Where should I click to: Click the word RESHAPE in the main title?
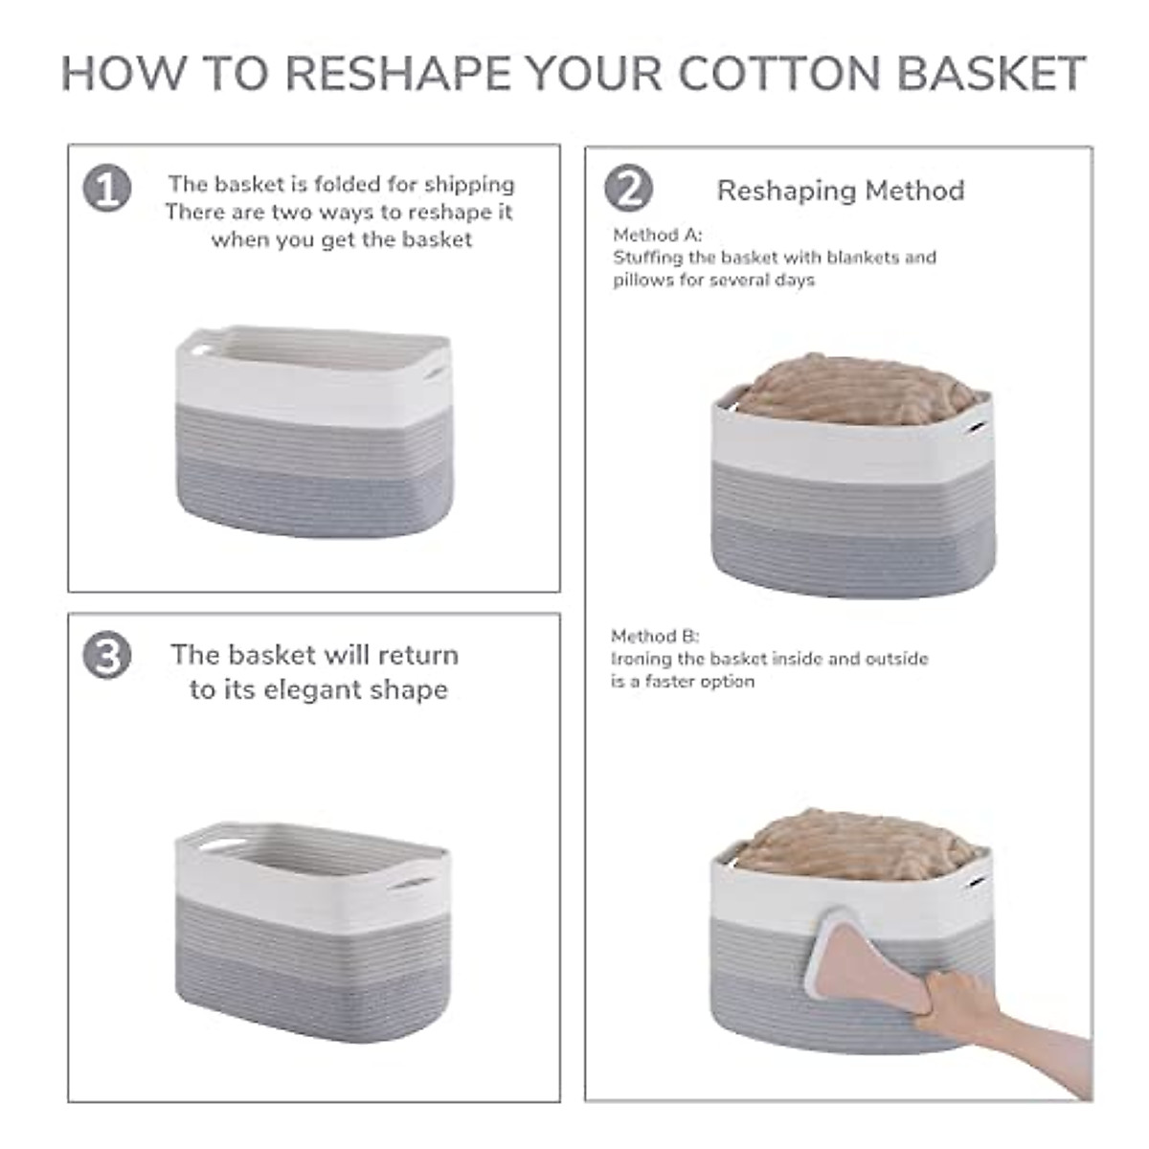[x=397, y=74]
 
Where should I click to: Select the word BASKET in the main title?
[x=991, y=74]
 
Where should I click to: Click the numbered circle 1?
[x=107, y=189]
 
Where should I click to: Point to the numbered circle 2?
[x=628, y=189]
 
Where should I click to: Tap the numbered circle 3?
[x=107, y=656]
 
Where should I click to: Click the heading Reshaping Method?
[x=840, y=191]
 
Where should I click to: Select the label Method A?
[x=658, y=235]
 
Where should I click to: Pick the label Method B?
[x=655, y=636]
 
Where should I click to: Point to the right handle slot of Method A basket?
[x=978, y=427]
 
